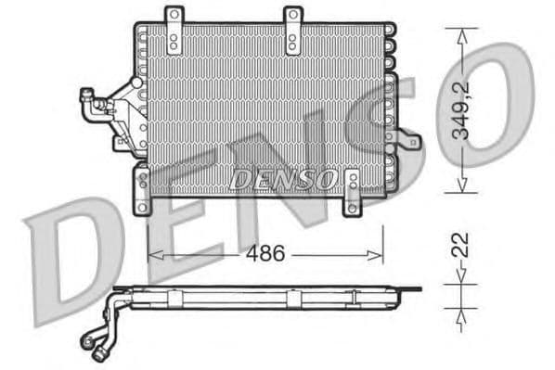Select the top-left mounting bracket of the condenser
pos(174,28)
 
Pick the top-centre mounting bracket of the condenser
pos(293,28)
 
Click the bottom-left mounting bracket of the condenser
pos(142,189)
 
